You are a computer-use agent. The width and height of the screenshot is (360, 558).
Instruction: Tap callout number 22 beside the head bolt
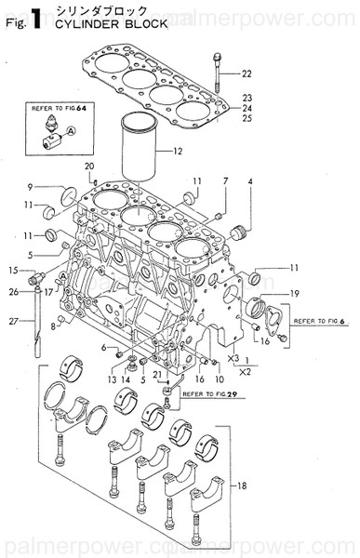[247, 73]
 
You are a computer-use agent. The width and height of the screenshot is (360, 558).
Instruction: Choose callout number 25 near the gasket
[247, 119]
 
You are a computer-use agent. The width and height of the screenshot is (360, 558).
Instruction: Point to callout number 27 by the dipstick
[13, 323]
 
